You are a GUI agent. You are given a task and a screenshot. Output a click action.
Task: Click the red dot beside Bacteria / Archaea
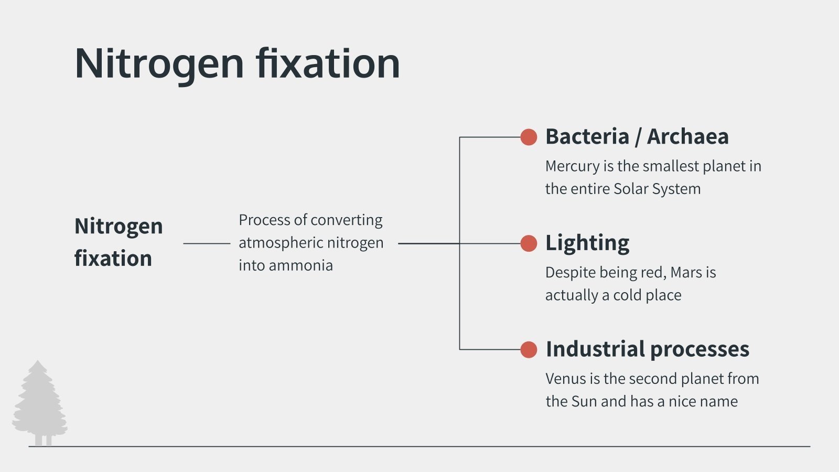[529, 137]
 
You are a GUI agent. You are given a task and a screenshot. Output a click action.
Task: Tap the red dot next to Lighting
[529, 243]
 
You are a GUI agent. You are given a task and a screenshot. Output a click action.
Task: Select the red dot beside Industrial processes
[529, 350]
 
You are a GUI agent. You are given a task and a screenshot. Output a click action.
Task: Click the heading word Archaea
[687, 137]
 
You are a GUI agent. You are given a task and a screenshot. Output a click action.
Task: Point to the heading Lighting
[587, 243]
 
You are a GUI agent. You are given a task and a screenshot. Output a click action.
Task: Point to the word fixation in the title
[328, 64]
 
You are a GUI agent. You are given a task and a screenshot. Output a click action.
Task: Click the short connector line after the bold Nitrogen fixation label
[207, 243]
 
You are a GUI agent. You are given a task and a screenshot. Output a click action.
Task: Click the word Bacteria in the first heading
[587, 137]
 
